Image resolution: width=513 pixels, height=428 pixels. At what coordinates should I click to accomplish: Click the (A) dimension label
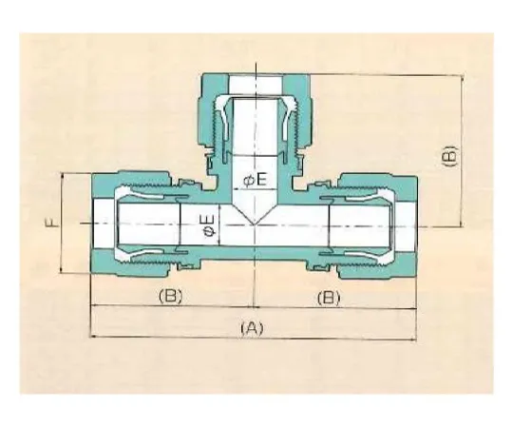point(251,326)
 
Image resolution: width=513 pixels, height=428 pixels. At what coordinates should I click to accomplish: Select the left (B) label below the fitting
point(169,297)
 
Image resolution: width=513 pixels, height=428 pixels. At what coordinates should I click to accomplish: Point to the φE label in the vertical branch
point(256,179)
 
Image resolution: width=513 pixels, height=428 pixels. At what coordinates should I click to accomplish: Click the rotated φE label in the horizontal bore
point(208,225)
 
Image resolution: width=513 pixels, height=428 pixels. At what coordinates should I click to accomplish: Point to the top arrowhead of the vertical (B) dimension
point(463,78)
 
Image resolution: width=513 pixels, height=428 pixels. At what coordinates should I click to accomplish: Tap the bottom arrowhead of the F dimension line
point(63,272)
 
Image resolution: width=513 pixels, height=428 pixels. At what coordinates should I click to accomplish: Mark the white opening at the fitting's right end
point(407,225)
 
